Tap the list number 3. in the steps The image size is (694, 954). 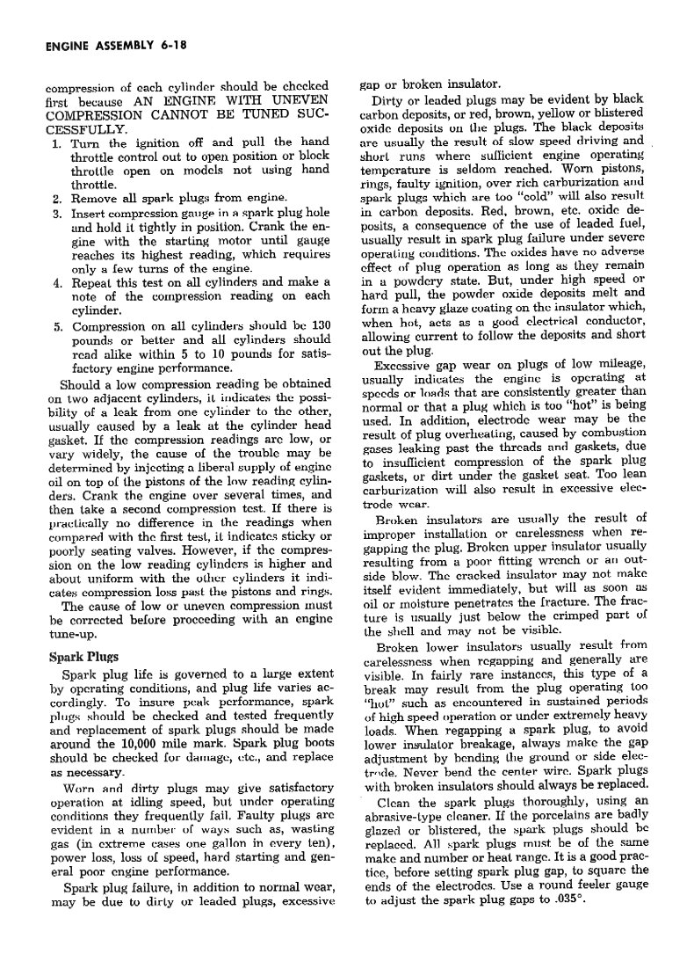tap(55, 213)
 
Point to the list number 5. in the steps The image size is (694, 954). tap(55, 325)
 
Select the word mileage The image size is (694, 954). tap(619, 365)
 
